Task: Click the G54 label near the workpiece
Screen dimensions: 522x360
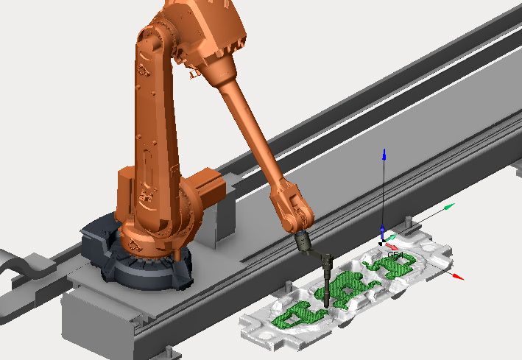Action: pyautogui.click(x=395, y=255)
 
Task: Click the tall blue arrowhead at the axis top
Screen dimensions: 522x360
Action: pyautogui.click(x=384, y=155)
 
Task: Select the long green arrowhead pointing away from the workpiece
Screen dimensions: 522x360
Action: pyautogui.click(x=449, y=206)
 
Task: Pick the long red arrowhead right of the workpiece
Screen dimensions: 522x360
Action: pyautogui.click(x=459, y=277)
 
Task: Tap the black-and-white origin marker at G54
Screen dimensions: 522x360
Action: pyautogui.click(x=382, y=242)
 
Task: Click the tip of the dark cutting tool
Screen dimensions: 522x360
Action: pyautogui.click(x=327, y=307)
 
